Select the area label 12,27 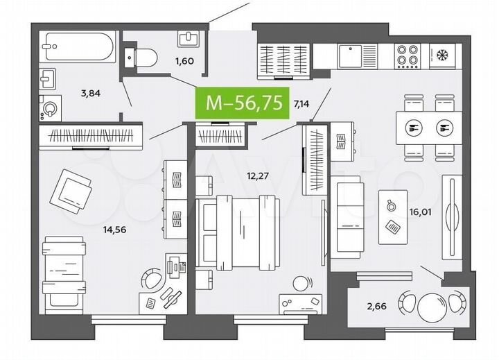coord(257,175)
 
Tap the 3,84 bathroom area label coord(90,92)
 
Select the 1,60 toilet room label coord(185,60)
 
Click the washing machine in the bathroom coord(50,108)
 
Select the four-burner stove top coord(405,55)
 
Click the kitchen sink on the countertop coord(358,55)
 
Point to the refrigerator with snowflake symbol coord(441,55)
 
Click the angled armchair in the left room coord(74,188)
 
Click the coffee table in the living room coord(392,216)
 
